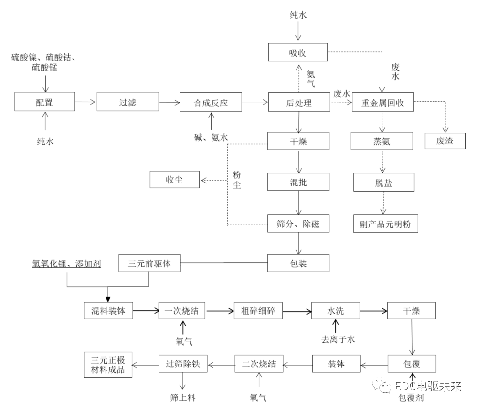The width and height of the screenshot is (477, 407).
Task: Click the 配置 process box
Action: pos(45,102)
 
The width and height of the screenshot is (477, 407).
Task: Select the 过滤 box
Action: pos(127,102)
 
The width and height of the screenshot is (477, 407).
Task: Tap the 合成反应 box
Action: pos(211,102)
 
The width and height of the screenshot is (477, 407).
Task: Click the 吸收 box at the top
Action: pos(298,52)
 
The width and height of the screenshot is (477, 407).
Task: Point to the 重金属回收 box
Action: pos(383,102)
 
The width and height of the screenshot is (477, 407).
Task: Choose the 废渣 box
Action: pos(445,141)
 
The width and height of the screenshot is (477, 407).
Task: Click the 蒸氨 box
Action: pos(382,141)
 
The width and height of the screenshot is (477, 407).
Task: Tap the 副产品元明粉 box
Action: pos(385,224)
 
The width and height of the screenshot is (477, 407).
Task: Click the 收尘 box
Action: pos(175,180)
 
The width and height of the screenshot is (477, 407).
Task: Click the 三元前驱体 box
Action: pos(150,263)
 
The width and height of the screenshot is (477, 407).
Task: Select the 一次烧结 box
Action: pos(181,311)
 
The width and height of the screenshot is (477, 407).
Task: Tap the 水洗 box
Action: pos(335,311)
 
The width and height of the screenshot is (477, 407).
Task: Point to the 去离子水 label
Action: pos(338,339)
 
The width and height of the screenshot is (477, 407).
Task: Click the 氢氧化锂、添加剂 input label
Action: pos(67,263)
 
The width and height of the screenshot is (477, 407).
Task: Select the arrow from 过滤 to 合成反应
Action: pos(169,102)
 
